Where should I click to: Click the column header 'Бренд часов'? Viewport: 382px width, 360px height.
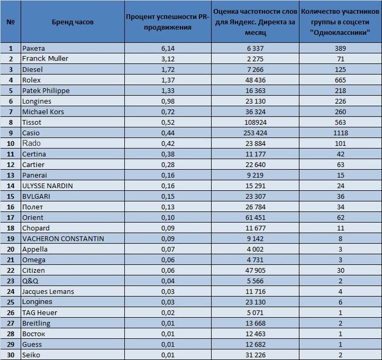pyautogui.click(x=73, y=22)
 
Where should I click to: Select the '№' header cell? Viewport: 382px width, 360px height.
pyautogui.click(x=11, y=22)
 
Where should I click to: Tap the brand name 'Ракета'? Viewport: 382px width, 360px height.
pyautogui.click(x=33, y=48)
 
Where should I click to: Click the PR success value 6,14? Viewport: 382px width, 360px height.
pyautogui.click(x=168, y=48)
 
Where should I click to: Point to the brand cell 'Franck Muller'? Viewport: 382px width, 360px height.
pyautogui.click(x=45, y=59)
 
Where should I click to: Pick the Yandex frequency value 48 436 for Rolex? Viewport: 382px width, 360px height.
pyautogui.click(x=255, y=80)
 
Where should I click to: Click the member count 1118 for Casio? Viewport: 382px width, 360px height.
pyautogui.click(x=340, y=133)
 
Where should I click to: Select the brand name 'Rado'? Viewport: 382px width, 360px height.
pyautogui.click(x=32, y=143)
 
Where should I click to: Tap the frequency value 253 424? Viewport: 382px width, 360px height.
pyautogui.click(x=255, y=133)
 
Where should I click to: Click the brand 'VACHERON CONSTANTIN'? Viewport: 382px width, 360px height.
pyautogui.click(x=63, y=239)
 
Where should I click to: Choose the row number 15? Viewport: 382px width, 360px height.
pyautogui.click(x=11, y=196)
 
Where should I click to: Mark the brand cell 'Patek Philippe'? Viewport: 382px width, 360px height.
pyautogui.click(x=46, y=91)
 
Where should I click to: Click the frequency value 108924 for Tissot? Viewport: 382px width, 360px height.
pyautogui.click(x=255, y=123)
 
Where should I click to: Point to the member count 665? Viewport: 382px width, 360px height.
pyautogui.click(x=340, y=80)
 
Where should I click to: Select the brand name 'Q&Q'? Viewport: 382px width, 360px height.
pyautogui.click(x=30, y=281)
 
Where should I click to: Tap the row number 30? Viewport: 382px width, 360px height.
pyautogui.click(x=11, y=355)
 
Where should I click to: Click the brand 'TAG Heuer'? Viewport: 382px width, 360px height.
pyautogui.click(x=40, y=312)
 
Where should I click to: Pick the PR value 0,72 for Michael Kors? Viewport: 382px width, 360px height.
pyautogui.click(x=168, y=112)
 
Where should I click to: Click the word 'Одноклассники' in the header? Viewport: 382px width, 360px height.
pyautogui.click(x=340, y=32)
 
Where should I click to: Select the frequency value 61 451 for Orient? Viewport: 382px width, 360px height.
pyautogui.click(x=255, y=217)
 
